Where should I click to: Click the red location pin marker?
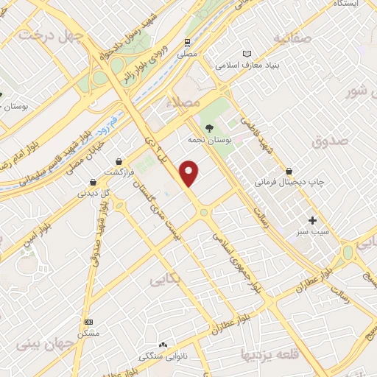click(x=190, y=173)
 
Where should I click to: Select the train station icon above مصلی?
click(x=189, y=42)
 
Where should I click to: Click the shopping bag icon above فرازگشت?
click(x=119, y=161)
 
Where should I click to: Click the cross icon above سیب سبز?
click(x=312, y=220)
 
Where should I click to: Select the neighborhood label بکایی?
click(x=165, y=280)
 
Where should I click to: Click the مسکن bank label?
click(x=89, y=332)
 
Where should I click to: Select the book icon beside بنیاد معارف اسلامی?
click(x=247, y=54)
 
